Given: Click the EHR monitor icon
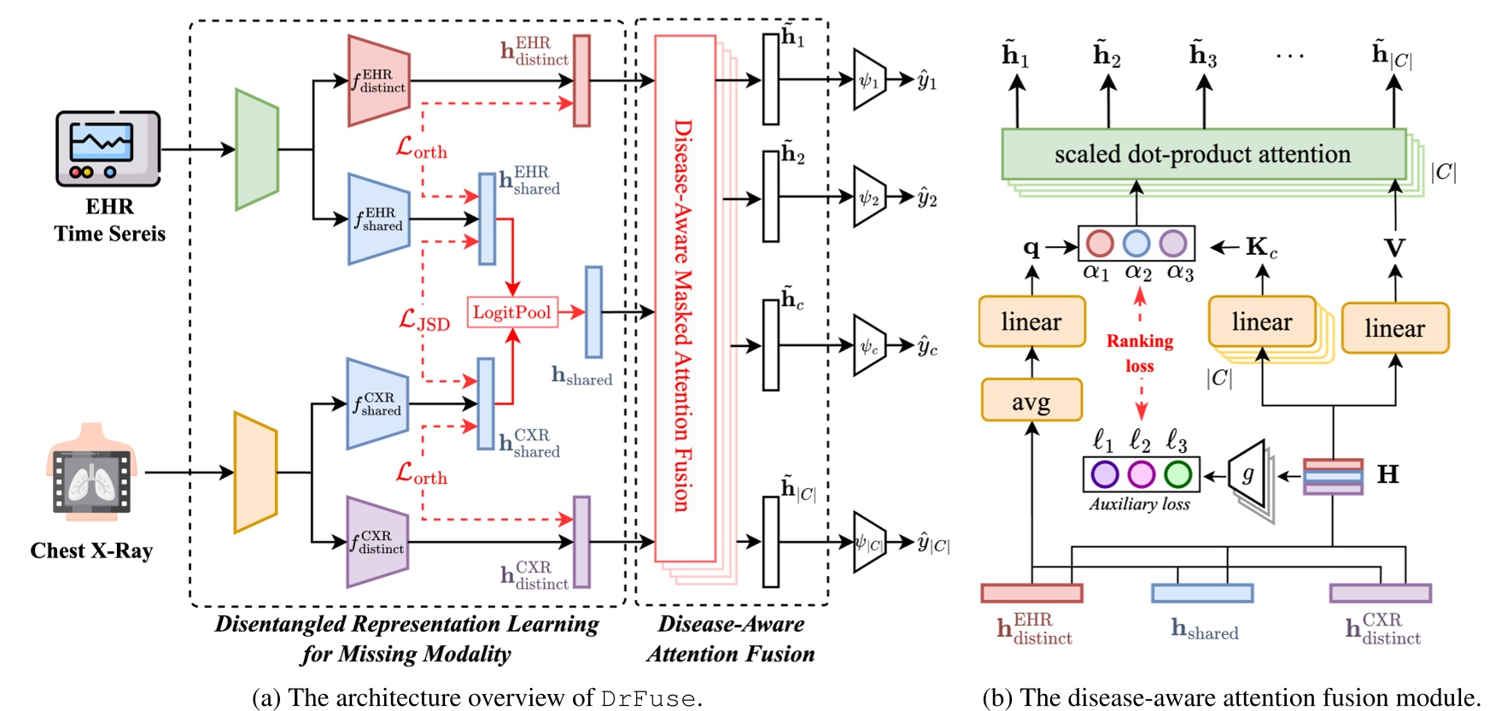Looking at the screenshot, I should click(x=108, y=149).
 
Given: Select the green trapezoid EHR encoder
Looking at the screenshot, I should click(x=257, y=150).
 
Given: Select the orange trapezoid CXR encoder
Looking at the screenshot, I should click(x=255, y=472).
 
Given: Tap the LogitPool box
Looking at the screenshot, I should click(x=511, y=312).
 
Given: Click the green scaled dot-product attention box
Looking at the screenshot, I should click(x=1202, y=155).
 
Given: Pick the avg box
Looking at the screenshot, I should click(x=1031, y=400).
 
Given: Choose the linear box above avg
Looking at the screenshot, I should click(x=1031, y=321).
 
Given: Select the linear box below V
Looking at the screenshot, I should click(x=1394, y=328).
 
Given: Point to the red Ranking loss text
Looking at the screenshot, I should click(x=1140, y=353).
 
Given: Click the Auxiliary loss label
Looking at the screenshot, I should click(x=1139, y=504).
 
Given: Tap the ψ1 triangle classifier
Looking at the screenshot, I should click(x=868, y=80).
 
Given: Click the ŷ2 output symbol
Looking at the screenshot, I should click(x=926, y=198).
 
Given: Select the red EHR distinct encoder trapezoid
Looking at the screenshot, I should click(x=378, y=81).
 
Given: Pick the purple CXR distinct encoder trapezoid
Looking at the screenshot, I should click(x=377, y=542).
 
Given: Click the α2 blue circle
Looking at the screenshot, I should click(x=1136, y=244).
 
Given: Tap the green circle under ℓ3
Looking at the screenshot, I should click(x=1177, y=473).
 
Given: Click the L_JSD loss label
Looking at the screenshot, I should click(x=424, y=320).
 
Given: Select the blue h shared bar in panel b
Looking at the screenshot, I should click(x=1201, y=593).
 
